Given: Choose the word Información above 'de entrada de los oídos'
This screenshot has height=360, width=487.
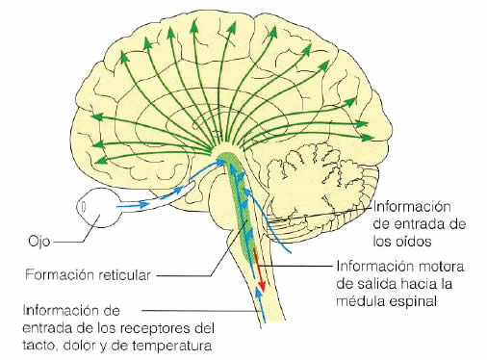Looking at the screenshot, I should coord(413,206).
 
